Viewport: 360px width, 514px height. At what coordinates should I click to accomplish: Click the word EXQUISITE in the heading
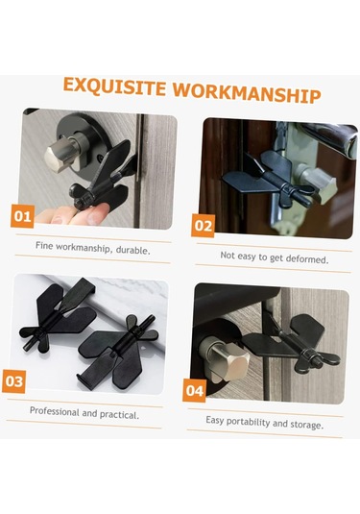[114, 86]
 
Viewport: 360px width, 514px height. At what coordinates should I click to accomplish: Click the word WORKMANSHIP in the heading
[247, 93]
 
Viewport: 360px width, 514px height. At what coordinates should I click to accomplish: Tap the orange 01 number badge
[22, 216]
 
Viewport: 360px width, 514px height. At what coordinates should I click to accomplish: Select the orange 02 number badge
[204, 226]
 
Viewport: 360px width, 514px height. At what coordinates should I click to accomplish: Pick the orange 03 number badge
[13, 381]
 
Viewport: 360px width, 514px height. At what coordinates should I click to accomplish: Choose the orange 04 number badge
[195, 390]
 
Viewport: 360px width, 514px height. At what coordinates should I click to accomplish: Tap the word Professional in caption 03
[55, 411]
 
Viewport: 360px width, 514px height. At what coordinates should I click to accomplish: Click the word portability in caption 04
[248, 421]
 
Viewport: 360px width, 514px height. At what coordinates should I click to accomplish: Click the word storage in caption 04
[307, 425]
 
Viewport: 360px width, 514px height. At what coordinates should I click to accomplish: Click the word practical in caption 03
[119, 414]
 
